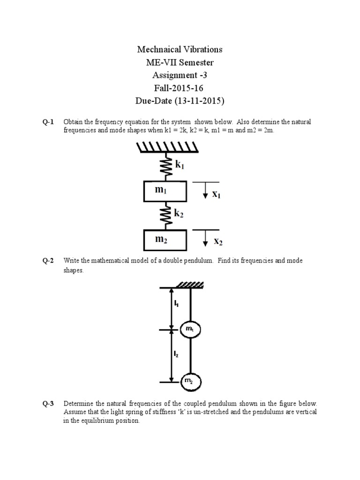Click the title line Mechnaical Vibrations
point(180,49)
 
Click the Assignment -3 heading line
point(180,75)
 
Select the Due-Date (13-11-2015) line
point(180,100)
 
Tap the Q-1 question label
point(48,122)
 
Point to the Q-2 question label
point(48,261)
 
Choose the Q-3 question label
point(48,403)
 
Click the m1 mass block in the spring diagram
point(165,191)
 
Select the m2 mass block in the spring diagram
point(165,240)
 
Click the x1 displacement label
point(216,194)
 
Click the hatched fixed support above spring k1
point(168,147)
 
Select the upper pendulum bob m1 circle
point(190,330)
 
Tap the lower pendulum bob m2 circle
point(190,382)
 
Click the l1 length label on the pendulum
point(176,304)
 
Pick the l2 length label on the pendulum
point(176,355)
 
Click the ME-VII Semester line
point(180,62)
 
